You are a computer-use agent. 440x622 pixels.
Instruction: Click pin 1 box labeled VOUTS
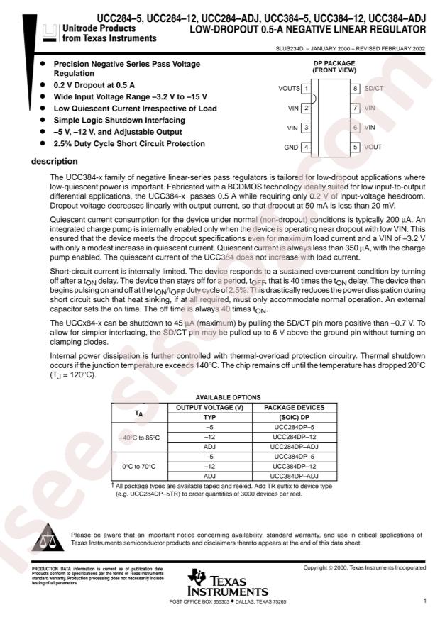point(305,89)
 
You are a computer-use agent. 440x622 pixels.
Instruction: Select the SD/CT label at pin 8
point(373,89)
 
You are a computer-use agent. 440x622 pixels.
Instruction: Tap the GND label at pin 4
point(290,147)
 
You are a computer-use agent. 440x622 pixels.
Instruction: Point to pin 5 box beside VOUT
point(356,147)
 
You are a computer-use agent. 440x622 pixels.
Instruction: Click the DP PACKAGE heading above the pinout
point(330,63)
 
